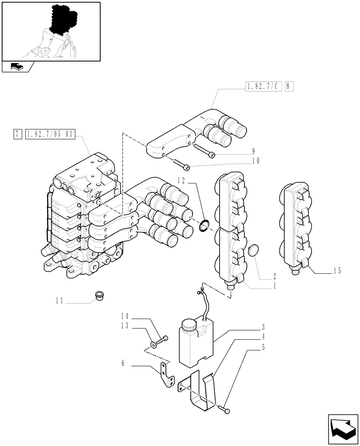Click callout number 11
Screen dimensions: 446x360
(x=59, y=301)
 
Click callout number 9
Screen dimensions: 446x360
(x=253, y=151)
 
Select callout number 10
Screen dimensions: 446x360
(x=255, y=161)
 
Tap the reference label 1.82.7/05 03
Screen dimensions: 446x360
(x=51, y=133)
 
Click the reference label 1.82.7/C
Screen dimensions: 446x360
(x=263, y=87)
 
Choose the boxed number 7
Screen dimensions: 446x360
(x=17, y=133)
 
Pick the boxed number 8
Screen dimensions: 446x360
(x=289, y=87)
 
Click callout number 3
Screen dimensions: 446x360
(x=263, y=326)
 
